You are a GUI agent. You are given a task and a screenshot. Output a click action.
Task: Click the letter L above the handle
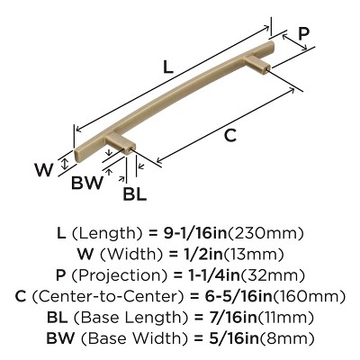(168, 67)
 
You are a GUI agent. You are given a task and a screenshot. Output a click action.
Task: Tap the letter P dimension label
(303, 34)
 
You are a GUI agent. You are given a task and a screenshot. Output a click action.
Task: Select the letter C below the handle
(230, 136)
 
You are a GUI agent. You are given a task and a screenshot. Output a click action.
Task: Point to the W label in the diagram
(44, 170)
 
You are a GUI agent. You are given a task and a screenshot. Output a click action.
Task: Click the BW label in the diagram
(87, 182)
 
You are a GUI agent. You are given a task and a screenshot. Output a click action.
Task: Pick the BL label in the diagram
(135, 193)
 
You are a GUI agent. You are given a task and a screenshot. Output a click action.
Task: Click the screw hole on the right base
(267, 68)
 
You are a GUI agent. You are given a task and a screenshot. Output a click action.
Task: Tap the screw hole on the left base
(130, 148)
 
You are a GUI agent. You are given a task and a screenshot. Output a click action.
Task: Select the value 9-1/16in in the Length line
(195, 233)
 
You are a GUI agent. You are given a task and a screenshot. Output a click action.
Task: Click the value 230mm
(265, 233)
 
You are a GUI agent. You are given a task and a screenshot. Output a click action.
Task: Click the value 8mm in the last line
(286, 339)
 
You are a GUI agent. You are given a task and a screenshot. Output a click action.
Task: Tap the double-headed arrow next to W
(64, 164)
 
